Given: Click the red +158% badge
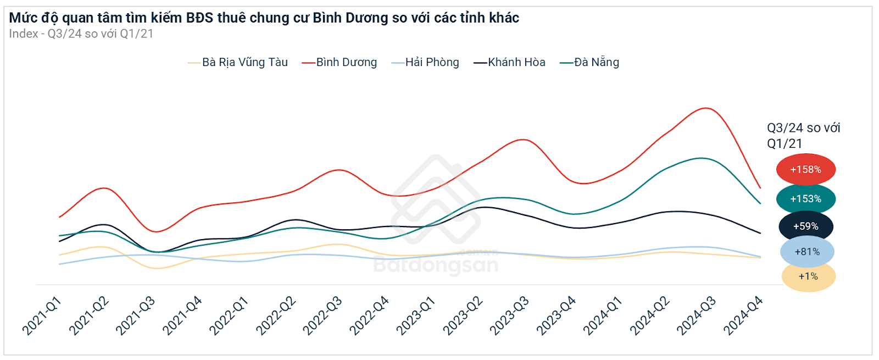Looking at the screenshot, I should pyautogui.click(x=805, y=169).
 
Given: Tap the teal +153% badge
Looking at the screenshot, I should pyautogui.click(x=805, y=198).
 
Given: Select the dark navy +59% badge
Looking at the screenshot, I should pyautogui.click(x=805, y=226).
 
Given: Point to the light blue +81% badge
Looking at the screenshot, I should pyautogui.click(x=807, y=251).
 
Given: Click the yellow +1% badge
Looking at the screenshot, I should pyautogui.click(x=808, y=276).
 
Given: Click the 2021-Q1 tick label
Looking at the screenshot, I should pyautogui.click(x=42, y=316).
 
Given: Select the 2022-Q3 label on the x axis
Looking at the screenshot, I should pyautogui.click(x=322, y=316).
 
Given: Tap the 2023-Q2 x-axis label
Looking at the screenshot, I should pyautogui.click(x=463, y=316).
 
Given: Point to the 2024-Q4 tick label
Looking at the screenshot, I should pyautogui.click(x=743, y=316).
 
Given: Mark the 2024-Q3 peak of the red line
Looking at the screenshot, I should pyautogui.click(x=705, y=108).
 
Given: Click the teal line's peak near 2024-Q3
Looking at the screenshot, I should pyautogui.click(x=701, y=158).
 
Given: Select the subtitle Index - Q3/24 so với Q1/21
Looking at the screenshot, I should pyautogui.click(x=81, y=34).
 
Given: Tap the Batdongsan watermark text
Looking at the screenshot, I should pyautogui.click(x=436, y=265).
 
